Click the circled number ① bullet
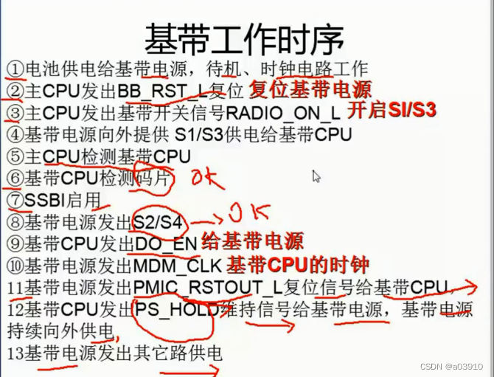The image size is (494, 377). coord(16,69)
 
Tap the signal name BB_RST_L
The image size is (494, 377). coord(160,91)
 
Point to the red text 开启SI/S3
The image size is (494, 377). coord(392,111)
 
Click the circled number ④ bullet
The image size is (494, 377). coord(16,135)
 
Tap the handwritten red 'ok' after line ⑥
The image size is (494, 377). coord(207,179)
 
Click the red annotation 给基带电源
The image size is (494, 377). coord(251,242)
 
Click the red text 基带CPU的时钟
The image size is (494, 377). coord(297,264)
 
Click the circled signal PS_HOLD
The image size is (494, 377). coord(175,309)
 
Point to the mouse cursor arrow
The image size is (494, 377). coord(316,176)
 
